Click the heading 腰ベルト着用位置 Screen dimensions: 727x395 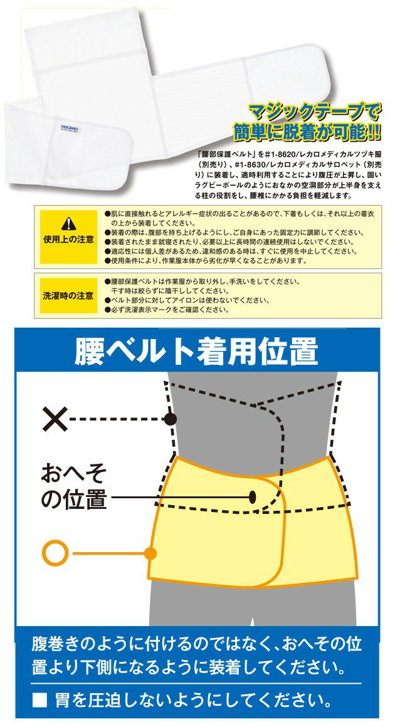click(197, 351)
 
